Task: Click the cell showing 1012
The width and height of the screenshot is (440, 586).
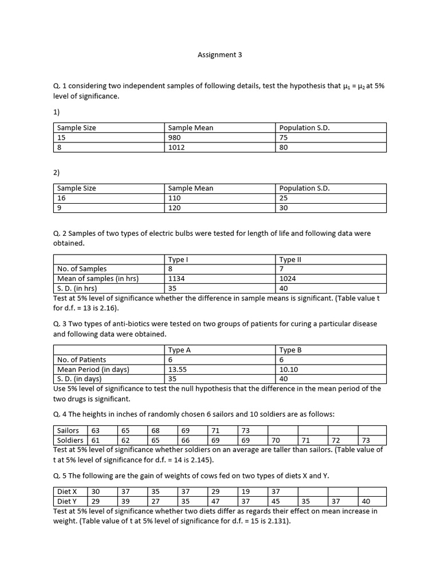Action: [x=176, y=147]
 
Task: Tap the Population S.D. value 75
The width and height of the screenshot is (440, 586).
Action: [x=284, y=137]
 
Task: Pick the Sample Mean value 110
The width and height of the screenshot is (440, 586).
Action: [x=174, y=198]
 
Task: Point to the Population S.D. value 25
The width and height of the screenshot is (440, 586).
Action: [x=284, y=198]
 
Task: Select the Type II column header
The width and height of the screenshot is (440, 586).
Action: [x=290, y=259]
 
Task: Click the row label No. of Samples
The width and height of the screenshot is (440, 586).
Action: [x=81, y=269]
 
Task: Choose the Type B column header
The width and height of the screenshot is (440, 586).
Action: [x=290, y=350]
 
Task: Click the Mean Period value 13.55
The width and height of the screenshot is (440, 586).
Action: [x=178, y=369]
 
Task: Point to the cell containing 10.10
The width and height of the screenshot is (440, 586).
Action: [x=289, y=369]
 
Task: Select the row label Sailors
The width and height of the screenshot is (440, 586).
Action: [x=69, y=430]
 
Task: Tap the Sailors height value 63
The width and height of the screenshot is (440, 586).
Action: [x=95, y=430]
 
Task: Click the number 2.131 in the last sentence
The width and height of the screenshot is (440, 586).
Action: [x=278, y=521]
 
